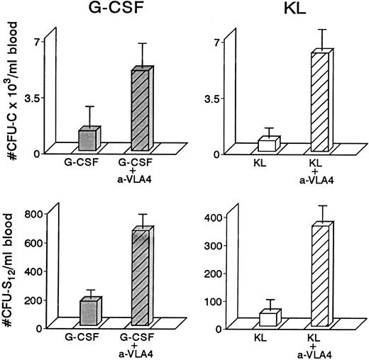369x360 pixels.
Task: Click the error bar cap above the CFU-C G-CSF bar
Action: pyautogui.click(x=89, y=106)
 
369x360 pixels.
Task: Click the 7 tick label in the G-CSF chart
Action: pyautogui.click(x=35, y=42)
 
